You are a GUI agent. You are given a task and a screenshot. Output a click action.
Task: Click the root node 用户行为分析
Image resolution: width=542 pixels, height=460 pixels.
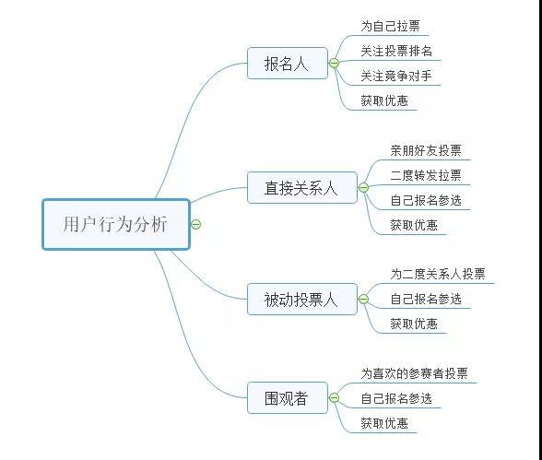(116, 224)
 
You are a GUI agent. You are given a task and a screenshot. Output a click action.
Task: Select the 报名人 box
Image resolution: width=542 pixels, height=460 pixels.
(288, 64)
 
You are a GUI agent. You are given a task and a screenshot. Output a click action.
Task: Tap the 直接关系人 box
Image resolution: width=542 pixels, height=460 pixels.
(302, 188)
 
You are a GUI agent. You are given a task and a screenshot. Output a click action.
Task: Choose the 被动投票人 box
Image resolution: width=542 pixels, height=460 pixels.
(302, 300)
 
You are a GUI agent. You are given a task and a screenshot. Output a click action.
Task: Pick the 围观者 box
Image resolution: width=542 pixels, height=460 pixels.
(288, 398)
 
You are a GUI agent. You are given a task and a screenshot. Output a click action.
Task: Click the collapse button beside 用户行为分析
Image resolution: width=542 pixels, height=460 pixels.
(196, 224)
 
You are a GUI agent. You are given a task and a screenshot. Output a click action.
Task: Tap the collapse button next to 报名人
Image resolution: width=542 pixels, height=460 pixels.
(334, 64)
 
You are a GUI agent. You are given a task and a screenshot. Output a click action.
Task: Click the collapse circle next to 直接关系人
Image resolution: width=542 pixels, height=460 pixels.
(363, 188)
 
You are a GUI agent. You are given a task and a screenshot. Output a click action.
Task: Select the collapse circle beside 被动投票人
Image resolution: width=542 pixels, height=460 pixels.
(363, 300)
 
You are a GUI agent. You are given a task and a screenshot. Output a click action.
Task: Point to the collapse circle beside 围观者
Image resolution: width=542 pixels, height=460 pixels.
(334, 398)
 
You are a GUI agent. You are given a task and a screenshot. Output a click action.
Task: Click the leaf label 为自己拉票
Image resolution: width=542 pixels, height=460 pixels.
(390, 26)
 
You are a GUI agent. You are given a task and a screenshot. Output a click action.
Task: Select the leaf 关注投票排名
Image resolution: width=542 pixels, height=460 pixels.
(396, 51)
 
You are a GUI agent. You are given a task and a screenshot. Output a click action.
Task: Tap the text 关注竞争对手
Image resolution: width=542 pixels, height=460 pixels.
(396, 76)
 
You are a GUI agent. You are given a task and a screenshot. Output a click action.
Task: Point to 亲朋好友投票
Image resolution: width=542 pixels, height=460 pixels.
(426, 150)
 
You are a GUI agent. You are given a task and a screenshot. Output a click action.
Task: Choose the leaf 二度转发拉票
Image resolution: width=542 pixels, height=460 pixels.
(426, 175)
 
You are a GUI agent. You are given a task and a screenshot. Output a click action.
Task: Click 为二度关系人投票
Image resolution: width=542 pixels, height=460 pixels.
(438, 274)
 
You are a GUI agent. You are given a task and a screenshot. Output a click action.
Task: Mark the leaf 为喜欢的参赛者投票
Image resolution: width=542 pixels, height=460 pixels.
(415, 373)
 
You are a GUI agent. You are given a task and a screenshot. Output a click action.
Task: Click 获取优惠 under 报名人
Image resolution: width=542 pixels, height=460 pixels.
(384, 100)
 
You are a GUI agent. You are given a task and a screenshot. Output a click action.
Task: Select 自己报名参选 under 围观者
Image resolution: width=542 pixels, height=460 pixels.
(396, 398)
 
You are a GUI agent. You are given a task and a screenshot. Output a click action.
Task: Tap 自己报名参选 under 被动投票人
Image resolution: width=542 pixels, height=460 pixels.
(426, 299)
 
